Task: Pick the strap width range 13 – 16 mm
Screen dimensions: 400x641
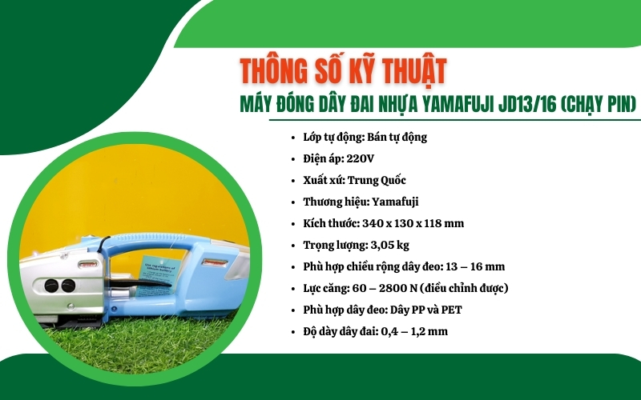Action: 476,266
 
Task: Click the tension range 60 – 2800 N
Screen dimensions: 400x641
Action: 393,288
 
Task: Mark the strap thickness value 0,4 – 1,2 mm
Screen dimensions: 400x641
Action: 413,331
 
